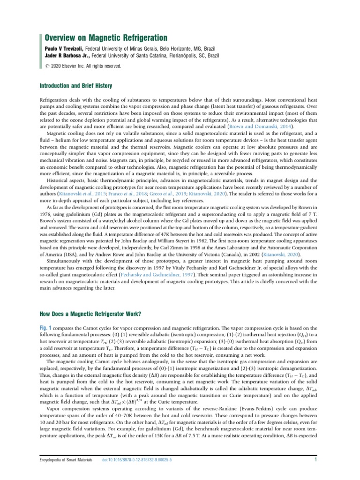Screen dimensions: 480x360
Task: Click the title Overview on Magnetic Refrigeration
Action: pos(106,38)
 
